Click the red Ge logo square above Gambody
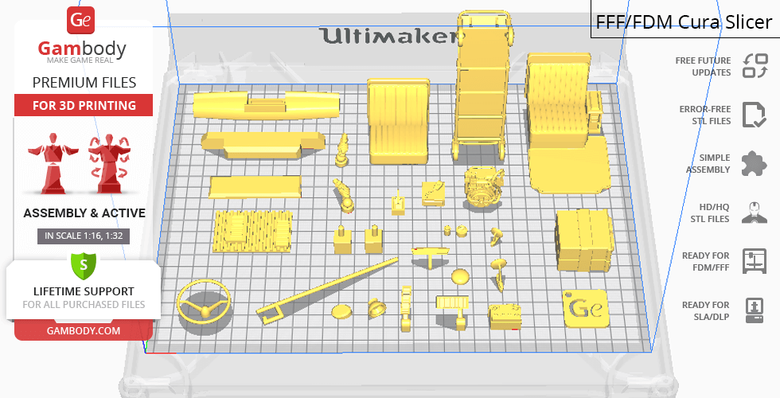[x=80, y=21]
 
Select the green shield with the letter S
[x=84, y=266]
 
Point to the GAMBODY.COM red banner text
[x=84, y=331]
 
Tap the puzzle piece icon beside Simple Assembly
[x=755, y=163]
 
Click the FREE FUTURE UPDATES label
[x=703, y=66]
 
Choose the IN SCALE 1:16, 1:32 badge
[x=84, y=236]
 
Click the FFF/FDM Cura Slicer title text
[x=684, y=22]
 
